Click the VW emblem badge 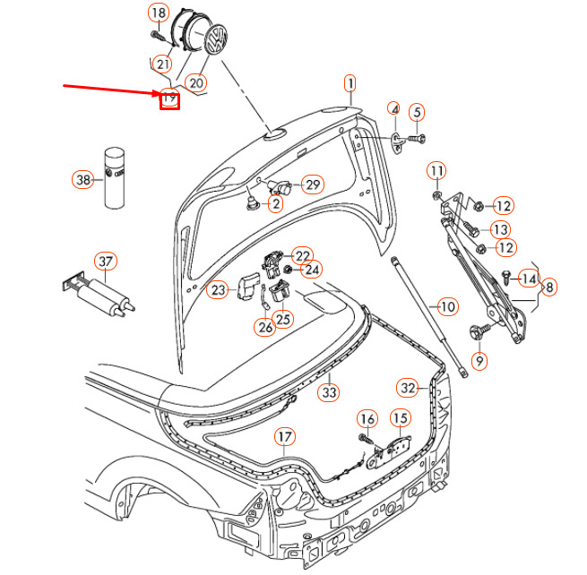216,39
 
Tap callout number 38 82,179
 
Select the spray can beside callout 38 114,177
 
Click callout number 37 106,262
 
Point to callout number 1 350,84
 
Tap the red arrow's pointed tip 160,93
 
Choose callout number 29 313,185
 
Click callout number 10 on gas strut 447,307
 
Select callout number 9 479,361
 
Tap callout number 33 329,392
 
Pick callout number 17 285,437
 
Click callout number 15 401,418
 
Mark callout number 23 218,289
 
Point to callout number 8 549,287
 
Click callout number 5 417,112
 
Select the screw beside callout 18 158,37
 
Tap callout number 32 407,388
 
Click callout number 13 500,229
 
